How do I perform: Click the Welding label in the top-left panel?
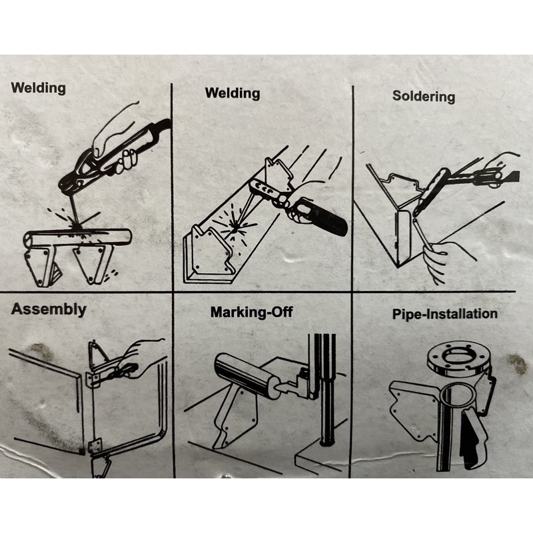tap(39, 88)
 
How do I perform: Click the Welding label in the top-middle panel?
tap(233, 93)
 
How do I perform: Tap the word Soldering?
tap(424, 96)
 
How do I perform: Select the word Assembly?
tap(49, 310)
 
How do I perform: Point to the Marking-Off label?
tap(252, 312)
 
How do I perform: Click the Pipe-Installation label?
tap(444, 314)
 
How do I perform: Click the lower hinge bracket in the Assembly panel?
tap(95, 446)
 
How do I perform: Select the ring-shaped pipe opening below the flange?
tap(457, 394)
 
